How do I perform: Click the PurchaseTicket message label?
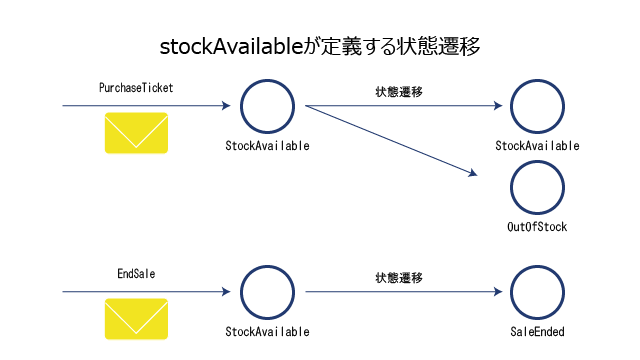click(136, 88)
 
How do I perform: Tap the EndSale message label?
click(136, 273)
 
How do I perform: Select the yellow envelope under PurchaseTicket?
click(136, 133)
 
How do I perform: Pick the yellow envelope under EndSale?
click(136, 319)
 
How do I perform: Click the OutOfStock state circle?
click(511, 188)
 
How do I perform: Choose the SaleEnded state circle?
click(511, 292)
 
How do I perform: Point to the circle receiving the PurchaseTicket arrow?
click(242, 107)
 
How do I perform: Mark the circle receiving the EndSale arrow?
click(242, 292)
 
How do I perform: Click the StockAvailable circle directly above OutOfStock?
click(511, 107)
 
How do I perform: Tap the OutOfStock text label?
click(537, 227)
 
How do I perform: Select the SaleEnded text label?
click(537, 331)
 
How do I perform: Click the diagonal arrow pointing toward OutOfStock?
click(391, 141)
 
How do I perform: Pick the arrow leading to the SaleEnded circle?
click(404, 291)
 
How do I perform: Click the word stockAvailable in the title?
click(231, 47)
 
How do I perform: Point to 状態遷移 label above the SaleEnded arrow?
click(399, 278)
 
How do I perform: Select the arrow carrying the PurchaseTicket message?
click(146, 106)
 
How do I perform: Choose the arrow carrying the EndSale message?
click(146, 291)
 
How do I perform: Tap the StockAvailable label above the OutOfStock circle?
click(537, 146)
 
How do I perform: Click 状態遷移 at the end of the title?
click(438, 47)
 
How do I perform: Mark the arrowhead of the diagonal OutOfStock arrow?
click(473, 173)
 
